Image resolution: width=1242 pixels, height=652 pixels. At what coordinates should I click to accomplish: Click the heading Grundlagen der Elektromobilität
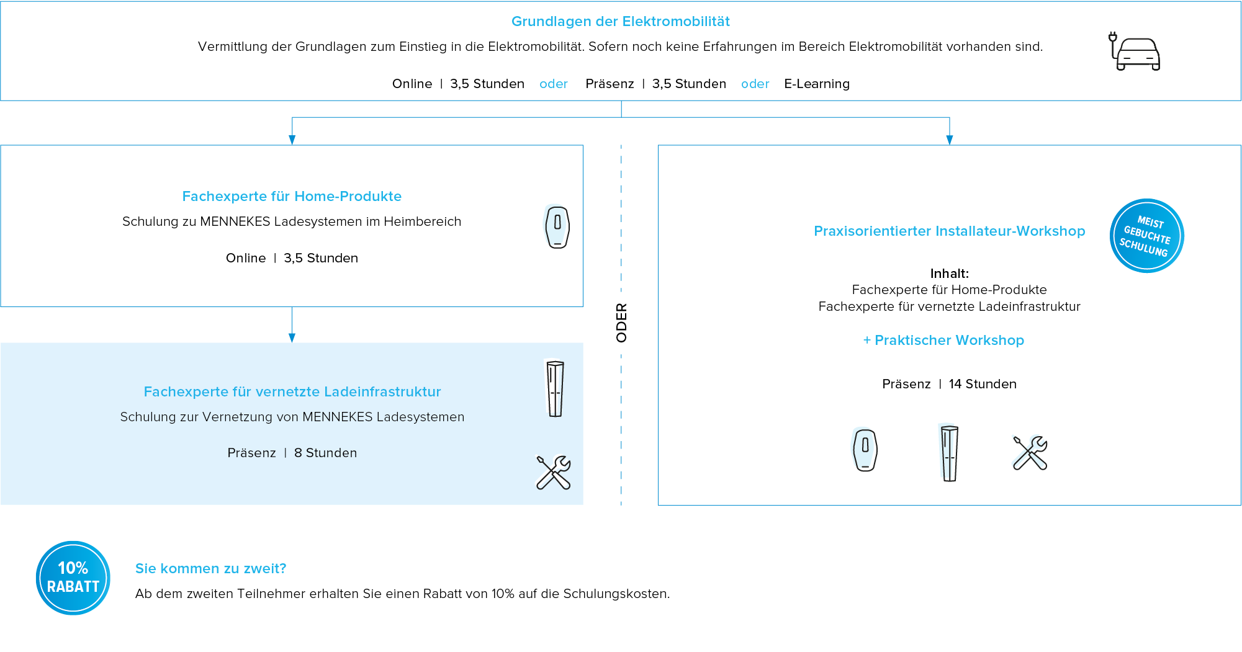tap(620, 22)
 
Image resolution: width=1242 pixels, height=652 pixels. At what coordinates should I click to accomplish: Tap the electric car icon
tap(1136, 52)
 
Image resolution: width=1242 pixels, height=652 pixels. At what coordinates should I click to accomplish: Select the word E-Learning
tap(816, 84)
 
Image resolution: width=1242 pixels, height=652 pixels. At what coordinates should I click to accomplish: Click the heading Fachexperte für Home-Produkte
tap(292, 197)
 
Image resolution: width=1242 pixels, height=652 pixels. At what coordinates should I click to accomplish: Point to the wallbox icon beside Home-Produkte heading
tap(556, 226)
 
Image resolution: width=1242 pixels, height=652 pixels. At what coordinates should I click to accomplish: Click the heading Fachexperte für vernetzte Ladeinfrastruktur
tap(292, 392)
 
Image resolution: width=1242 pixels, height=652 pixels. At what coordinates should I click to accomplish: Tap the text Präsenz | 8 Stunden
tap(292, 453)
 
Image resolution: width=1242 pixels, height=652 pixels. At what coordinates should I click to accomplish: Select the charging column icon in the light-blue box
tap(555, 388)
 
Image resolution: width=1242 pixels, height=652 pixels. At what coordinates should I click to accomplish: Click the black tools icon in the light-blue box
tap(553, 473)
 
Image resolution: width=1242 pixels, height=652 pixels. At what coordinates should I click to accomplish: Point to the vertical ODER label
tap(621, 323)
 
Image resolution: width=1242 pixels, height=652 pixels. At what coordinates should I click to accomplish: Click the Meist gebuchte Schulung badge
tap(1146, 236)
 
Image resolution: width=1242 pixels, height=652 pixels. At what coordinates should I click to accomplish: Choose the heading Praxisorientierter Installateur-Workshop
tap(949, 231)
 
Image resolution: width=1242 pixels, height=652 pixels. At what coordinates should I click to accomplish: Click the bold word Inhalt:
tap(949, 274)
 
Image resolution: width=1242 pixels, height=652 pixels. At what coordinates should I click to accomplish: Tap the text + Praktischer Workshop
tap(943, 341)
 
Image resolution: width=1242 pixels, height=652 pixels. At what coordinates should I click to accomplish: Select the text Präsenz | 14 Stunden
tap(949, 384)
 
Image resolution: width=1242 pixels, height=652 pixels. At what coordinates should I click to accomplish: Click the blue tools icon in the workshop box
tap(1029, 452)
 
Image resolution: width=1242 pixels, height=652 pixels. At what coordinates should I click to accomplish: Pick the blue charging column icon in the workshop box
tap(948, 452)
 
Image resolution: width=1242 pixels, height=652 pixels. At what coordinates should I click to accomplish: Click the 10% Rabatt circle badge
tap(73, 578)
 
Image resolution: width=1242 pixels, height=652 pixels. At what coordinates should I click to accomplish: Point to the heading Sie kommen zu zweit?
tap(210, 569)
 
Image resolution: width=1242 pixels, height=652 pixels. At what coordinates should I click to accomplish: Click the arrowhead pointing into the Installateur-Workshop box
tap(949, 140)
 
